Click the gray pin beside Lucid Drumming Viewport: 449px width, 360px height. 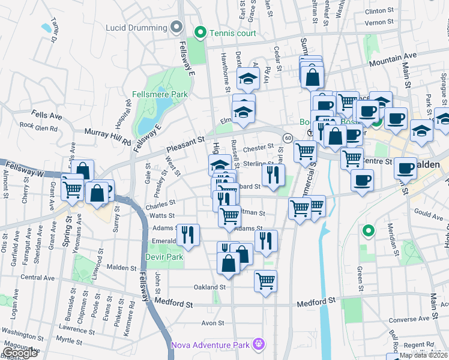pyautogui.click(x=176, y=28)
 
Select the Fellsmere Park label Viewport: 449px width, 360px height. pyautogui.click(x=160, y=94)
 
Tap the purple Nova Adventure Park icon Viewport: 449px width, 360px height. pyautogui.click(x=259, y=344)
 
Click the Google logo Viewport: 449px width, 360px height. pyautogui.click(x=20, y=353)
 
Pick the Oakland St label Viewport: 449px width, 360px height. pyautogui.click(x=209, y=287)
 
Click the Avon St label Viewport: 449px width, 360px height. pyautogui.click(x=212, y=323)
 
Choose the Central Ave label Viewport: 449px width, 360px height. pyautogui.click(x=37, y=277)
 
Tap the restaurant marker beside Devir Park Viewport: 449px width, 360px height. pyautogui.click(x=188, y=235)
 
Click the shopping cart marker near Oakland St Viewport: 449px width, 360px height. pyautogui.click(x=265, y=280)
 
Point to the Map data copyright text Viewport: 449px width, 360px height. pyautogui.click(x=423, y=355)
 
